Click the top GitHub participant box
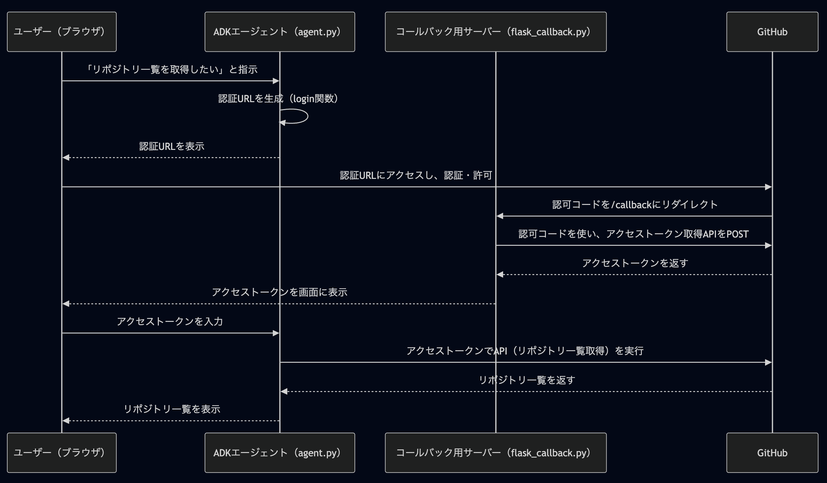tap(772, 32)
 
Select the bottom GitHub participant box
tap(772, 453)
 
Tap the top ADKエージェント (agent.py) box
tap(280, 32)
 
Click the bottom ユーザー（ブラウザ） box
tap(62, 453)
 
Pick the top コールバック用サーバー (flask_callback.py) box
tap(496, 32)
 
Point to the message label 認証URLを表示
tap(172, 146)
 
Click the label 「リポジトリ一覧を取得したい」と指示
tap(171, 70)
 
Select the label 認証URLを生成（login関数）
tap(278, 99)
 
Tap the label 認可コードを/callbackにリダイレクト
tap(635, 205)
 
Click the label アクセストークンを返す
tap(635, 263)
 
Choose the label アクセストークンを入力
tap(170, 322)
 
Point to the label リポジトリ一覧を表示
tap(172, 409)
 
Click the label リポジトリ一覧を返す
tap(527, 380)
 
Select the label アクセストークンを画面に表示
tap(279, 292)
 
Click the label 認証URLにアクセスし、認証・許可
tap(416, 175)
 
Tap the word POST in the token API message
tap(737, 234)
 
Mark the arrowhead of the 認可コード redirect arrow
tap(500, 216)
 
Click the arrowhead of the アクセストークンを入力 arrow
tap(276, 333)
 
